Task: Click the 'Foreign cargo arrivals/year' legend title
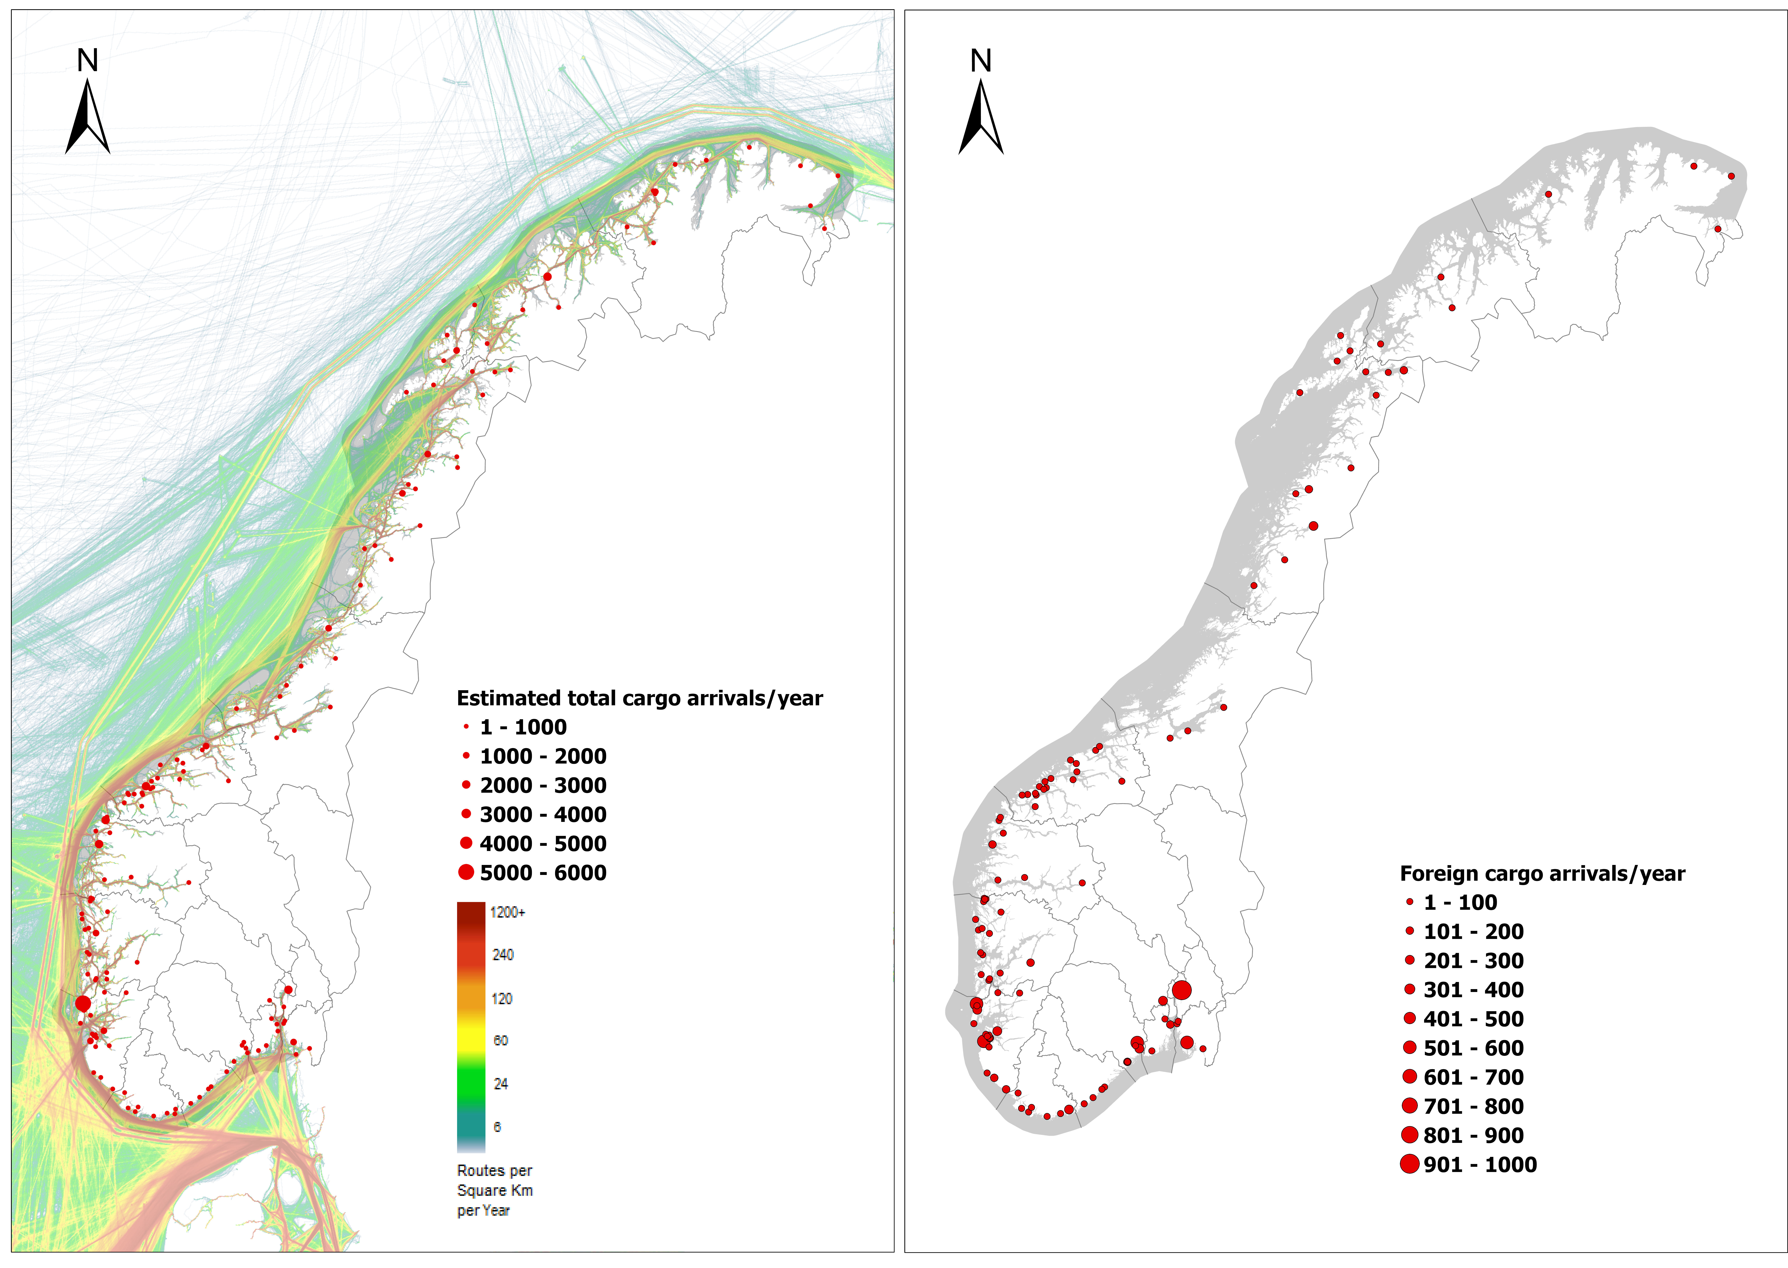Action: click(x=1542, y=874)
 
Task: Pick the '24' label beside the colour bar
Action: click(x=501, y=1084)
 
